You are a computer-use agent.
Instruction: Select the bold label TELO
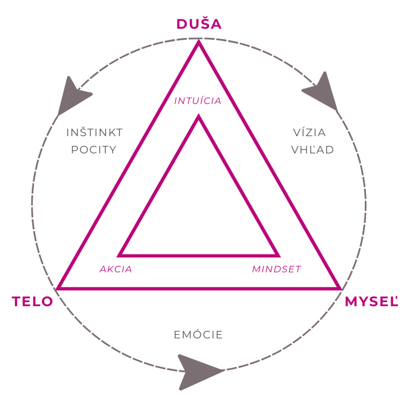tap(32, 302)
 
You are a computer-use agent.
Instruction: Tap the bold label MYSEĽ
tap(372, 302)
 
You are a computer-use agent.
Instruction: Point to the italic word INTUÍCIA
tap(198, 100)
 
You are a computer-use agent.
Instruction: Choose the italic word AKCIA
tap(116, 269)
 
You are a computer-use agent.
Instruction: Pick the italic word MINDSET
tap(276, 269)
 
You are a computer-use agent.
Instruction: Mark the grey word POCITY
tap(94, 150)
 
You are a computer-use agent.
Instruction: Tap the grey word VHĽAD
tap(312, 150)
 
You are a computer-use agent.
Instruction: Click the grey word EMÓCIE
tap(198, 334)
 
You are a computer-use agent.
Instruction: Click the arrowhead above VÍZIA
tap(322, 90)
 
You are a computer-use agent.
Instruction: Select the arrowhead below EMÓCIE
tap(199, 372)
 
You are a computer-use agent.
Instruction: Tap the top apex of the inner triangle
tap(199, 115)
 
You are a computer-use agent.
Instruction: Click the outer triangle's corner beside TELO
tap(57, 289)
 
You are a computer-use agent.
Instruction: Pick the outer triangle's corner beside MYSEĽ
tap(340, 289)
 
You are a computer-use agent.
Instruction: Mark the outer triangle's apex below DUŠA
tap(199, 41)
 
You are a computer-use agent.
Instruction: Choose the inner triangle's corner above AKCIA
tap(119, 256)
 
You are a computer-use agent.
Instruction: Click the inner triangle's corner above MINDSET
tap(279, 256)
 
